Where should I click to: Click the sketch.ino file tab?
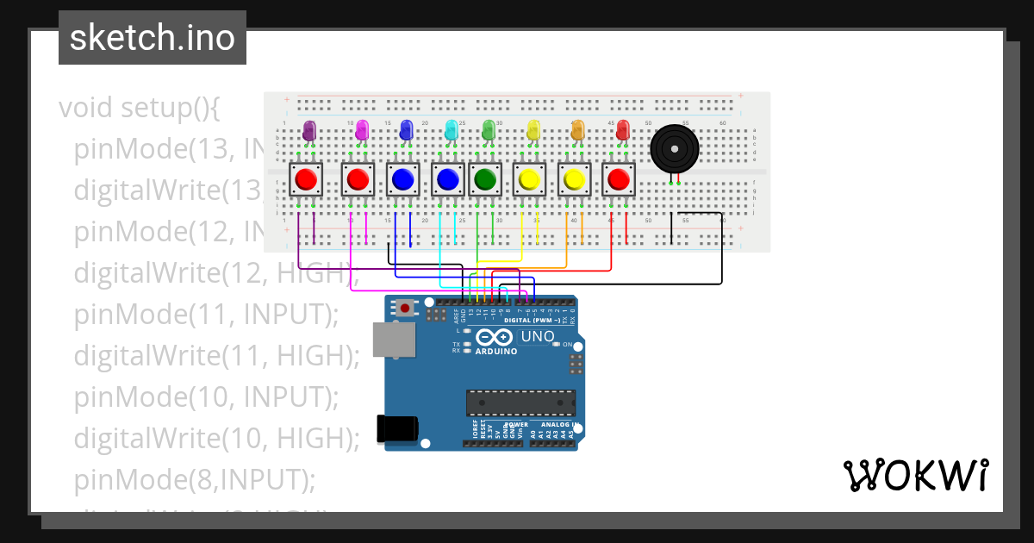(x=153, y=38)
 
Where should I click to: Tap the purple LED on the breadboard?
(x=310, y=131)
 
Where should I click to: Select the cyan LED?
(x=451, y=130)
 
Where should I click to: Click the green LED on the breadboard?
(x=489, y=130)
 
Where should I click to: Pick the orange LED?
(x=577, y=130)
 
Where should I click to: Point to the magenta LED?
(x=362, y=130)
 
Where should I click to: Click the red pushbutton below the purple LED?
(x=306, y=179)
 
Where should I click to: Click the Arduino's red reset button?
(x=405, y=307)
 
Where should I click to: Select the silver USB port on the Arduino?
(x=392, y=340)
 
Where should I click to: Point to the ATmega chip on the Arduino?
(x=520, y=403)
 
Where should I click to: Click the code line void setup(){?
(x=140, y=109)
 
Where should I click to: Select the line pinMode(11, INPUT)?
(x=206, y=315)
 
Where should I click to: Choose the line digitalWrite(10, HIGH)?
(x=216, y=439)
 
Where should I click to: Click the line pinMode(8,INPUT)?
(x=195, y=479)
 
